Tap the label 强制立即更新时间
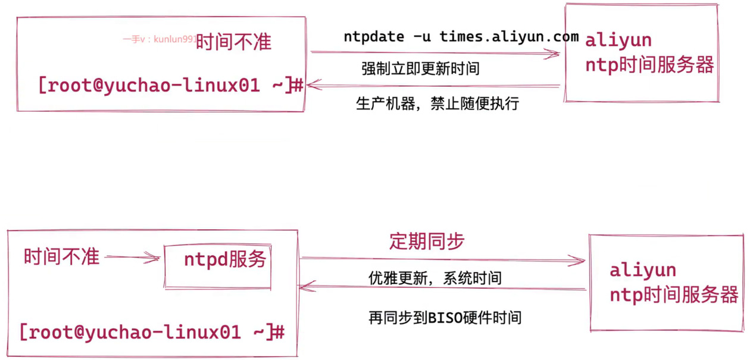pos(420,68)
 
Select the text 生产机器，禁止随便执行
pos(437,104)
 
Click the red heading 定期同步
pos(427,241)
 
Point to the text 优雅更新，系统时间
pos(435,278)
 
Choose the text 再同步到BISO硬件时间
pos(445,318)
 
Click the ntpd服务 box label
pos(225,259)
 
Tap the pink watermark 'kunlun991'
pos(175,39)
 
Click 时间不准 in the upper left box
pos(233,42)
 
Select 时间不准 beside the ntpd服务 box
pos(62,256)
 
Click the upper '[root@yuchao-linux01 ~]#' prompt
pos(171,85)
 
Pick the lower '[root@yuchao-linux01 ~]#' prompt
pos(152,332)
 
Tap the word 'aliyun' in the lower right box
pos(643,270)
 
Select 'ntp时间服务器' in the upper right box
pos(649,65)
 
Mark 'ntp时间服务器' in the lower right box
pos(674,295)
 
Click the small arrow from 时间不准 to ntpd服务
pos(133,257)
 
